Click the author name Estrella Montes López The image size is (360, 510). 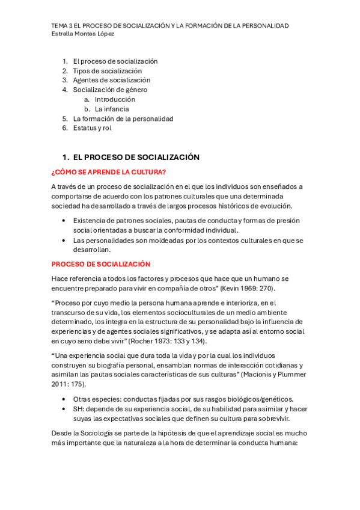(x=83, y=34)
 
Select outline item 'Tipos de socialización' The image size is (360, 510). (x=108, y=70)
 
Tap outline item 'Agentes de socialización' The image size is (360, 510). (x=112, y=80)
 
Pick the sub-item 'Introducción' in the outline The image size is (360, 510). (x=115, y=99)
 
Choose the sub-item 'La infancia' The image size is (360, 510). (x=112, y=109)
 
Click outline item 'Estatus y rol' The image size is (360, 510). (x=92, y=128)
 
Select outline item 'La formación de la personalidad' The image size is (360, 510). (x=123, y=118)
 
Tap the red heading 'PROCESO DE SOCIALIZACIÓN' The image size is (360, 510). (x=101, y=264)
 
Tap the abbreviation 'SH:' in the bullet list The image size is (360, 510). (x=81, y=409)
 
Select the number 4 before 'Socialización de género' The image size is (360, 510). (x=64, y=90)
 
